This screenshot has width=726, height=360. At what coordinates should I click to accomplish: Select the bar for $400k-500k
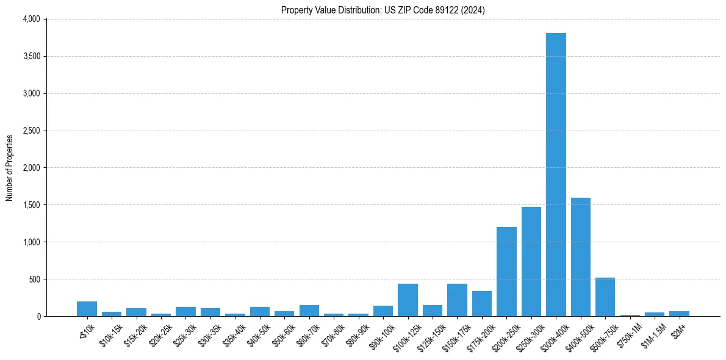580,257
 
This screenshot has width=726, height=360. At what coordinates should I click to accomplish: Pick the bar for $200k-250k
506,272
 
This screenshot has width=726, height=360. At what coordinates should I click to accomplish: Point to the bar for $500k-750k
605,297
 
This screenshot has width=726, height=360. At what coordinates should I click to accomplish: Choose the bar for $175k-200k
481,304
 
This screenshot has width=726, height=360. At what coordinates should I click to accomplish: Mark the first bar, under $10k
87,309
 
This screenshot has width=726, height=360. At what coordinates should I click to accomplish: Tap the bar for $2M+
679,314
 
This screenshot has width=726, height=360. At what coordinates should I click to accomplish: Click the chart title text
383,10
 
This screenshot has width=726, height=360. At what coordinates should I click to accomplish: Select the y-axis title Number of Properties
10,168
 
